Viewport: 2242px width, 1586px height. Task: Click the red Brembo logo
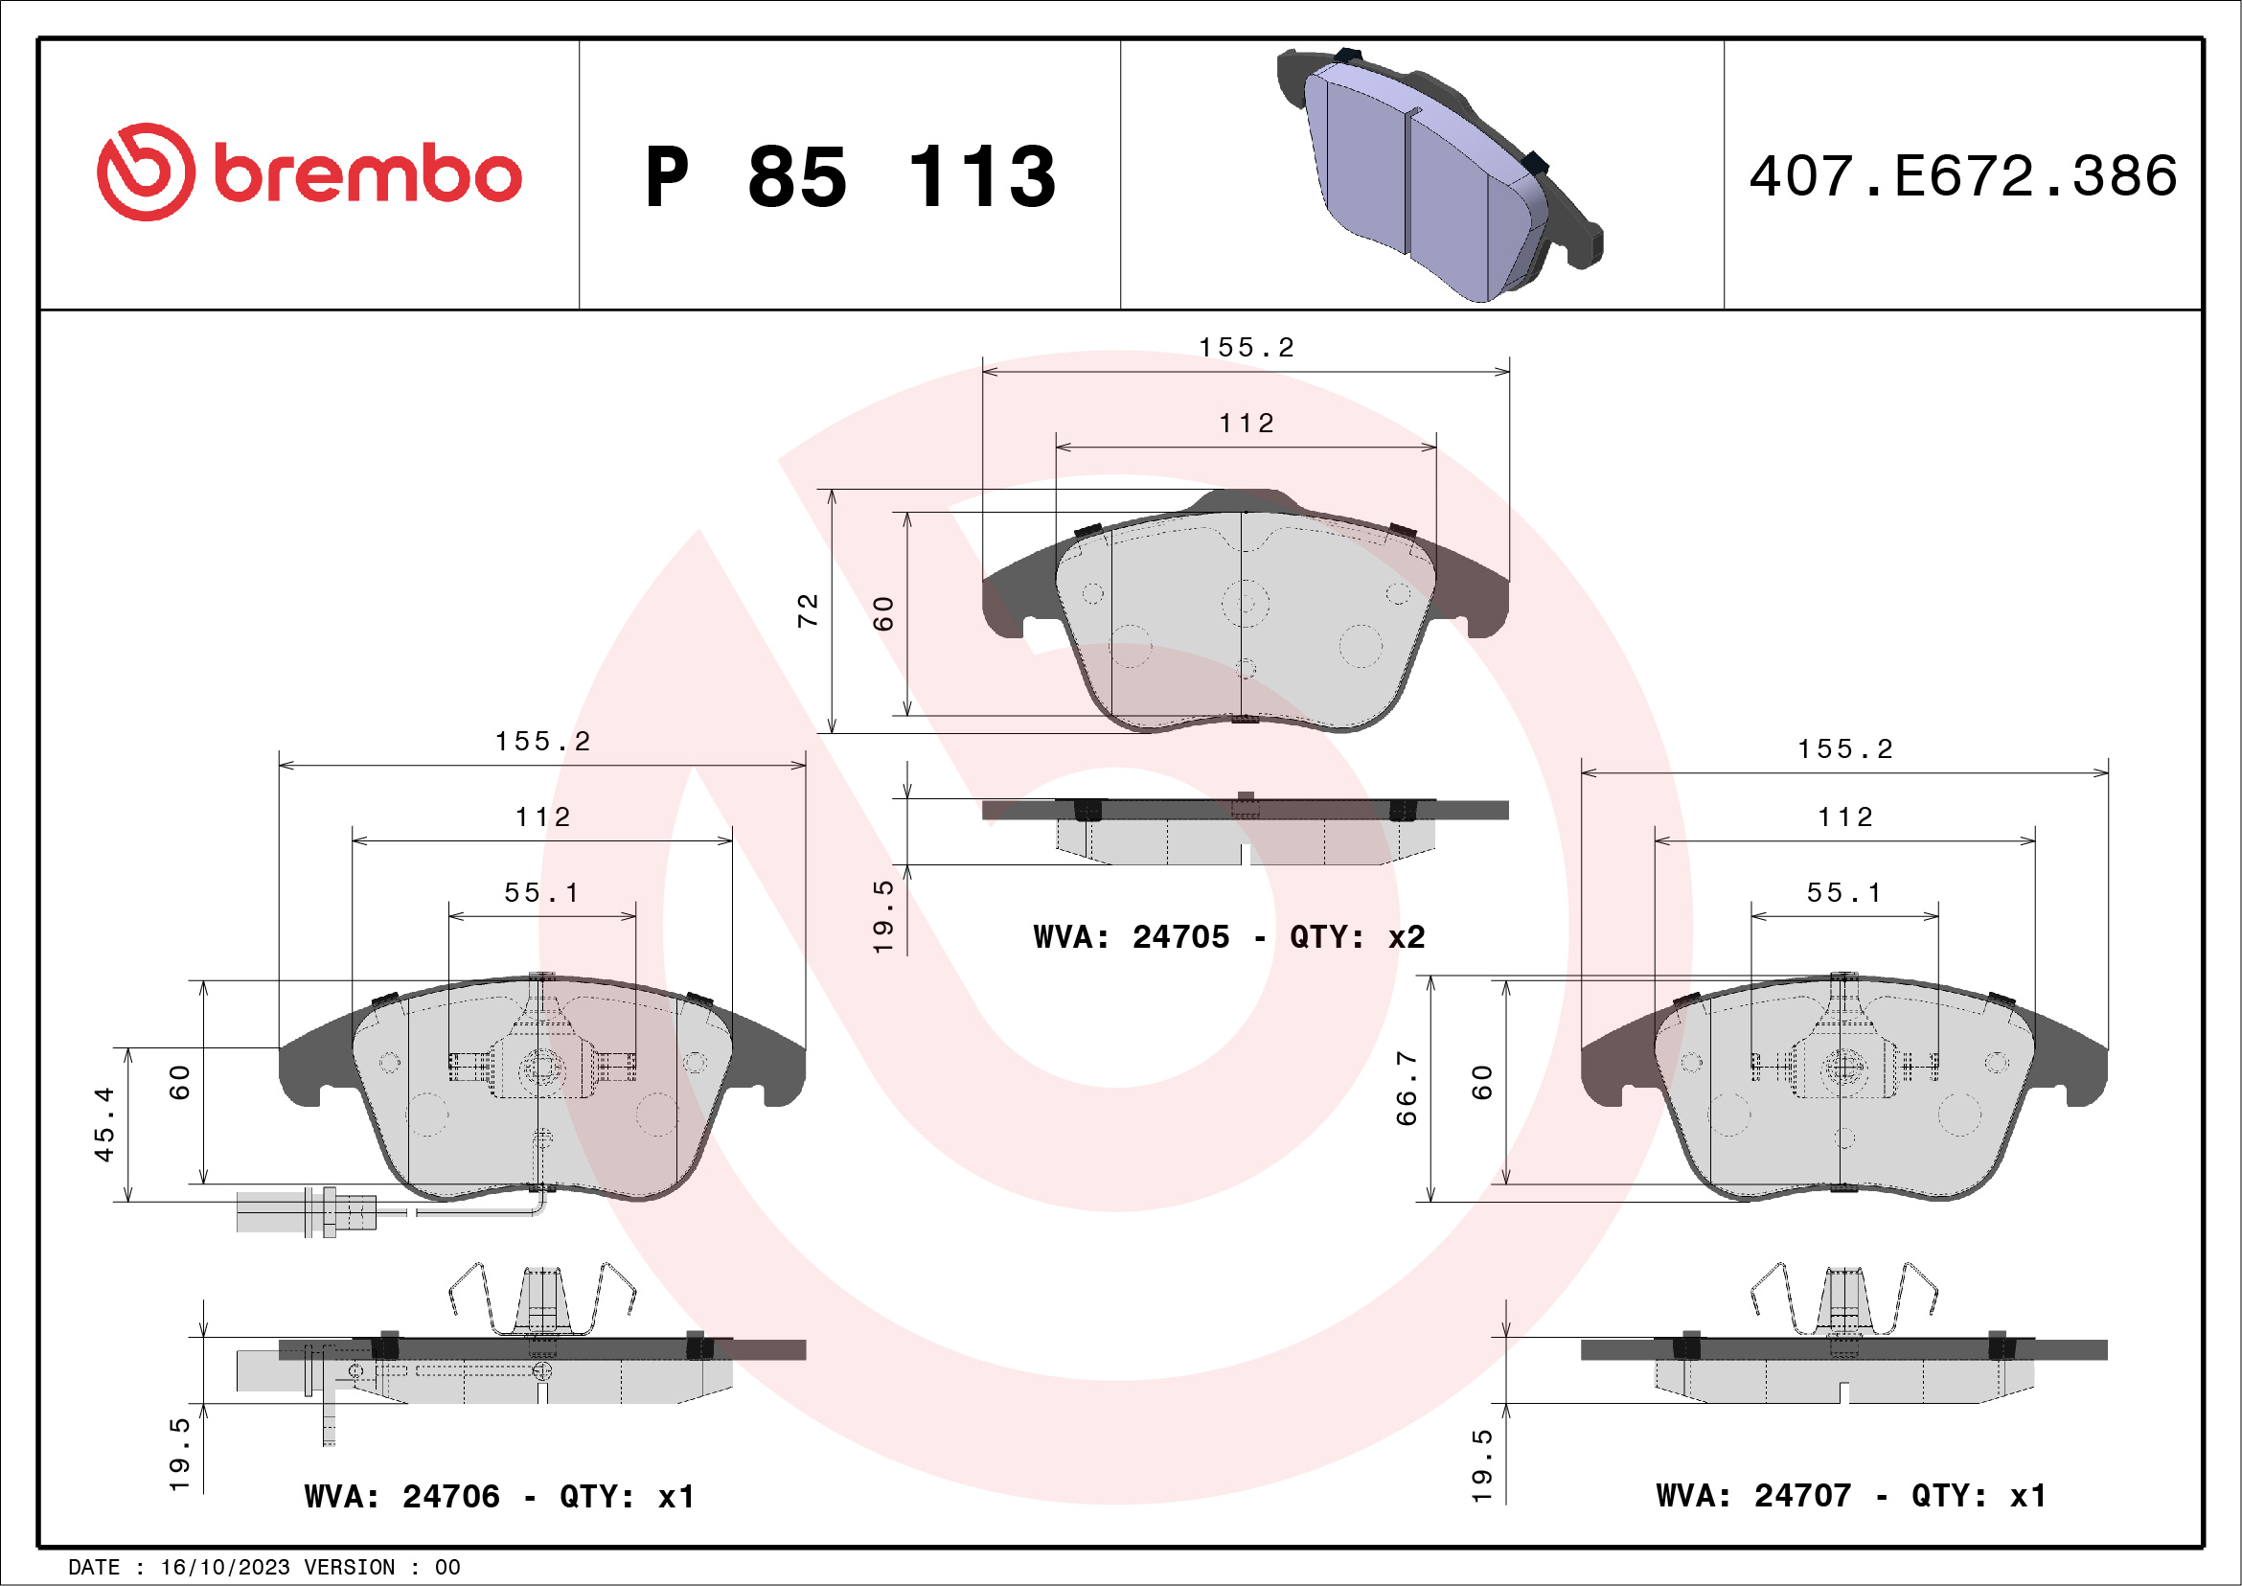click(x=309, y=172)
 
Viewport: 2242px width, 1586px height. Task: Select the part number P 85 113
click(x=851, y=176)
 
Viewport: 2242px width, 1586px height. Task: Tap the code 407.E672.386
click(x=1963, y=175)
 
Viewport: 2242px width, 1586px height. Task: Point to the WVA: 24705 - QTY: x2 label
click(x=1228, y=936)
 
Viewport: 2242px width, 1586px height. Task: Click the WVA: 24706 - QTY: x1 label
click(x=499, y=1496)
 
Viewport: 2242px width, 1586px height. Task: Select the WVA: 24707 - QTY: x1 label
click(x=1850, y=1495)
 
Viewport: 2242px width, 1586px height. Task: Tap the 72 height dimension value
click(x=808, y=610)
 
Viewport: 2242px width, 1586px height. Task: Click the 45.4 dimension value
click(x=103, y=1124)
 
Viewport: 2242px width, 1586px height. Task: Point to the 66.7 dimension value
click(x=1407, y=1089)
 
